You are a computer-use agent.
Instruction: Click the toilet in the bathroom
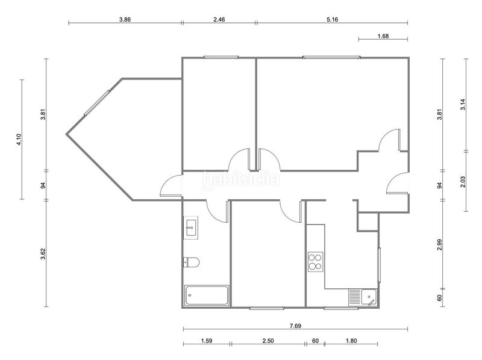(x=192, y=262)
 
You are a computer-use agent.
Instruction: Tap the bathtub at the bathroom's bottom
(x=207, y=296)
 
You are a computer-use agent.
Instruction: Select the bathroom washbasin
(x=191, y=228)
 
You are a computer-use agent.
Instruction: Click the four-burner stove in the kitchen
(x=316, y=262)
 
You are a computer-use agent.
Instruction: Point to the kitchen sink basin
(x=369, y=297)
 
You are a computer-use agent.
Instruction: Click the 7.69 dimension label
(x=295, y=326)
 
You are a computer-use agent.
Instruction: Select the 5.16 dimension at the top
(x=333, y=19)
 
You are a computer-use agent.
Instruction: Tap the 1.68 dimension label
(x=383, y=36)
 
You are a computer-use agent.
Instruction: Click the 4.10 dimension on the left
(x=19, y=139)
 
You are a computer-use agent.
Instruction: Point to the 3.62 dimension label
(x=43, y=254)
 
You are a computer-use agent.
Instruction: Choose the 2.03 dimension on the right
(x=463, y=182)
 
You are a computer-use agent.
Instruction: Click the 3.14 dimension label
(x=463, y=104)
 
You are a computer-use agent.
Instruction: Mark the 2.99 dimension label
(x=440, y=244)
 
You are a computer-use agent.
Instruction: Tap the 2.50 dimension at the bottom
(x=268, y=341)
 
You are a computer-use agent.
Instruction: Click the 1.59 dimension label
(x=207, y=341)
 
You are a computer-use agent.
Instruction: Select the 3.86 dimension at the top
(x=125, y=19)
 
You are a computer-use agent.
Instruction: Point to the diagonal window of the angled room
(x=97, y=103)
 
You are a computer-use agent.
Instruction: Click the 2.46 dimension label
(x=219, y=19)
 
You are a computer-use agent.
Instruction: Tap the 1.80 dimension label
(x=351, y=341)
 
